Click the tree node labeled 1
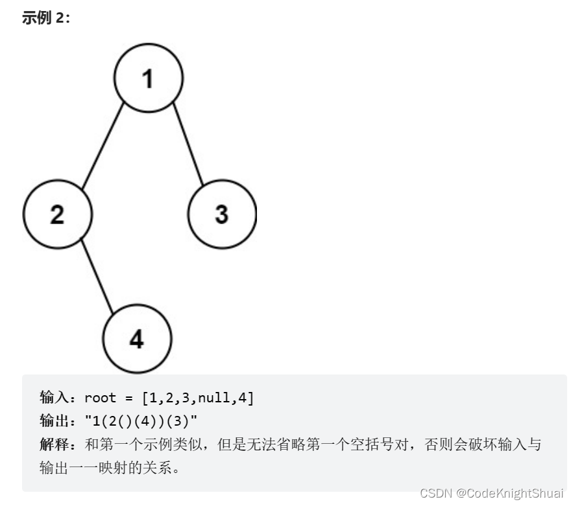click(x=149, y=78)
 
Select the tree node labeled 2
click(x=57, y=214)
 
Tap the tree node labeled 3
click(x=222, y=214)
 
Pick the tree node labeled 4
click(x=136, y=338)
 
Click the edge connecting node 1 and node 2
click(x=103, y=146)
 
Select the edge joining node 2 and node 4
click(x=97, y=277)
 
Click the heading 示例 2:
click(x=45, y=18)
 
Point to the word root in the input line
click(x=100, y=398)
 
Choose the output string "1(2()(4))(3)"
click(x=141, y=422)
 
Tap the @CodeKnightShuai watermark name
click(x=510, y=493)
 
